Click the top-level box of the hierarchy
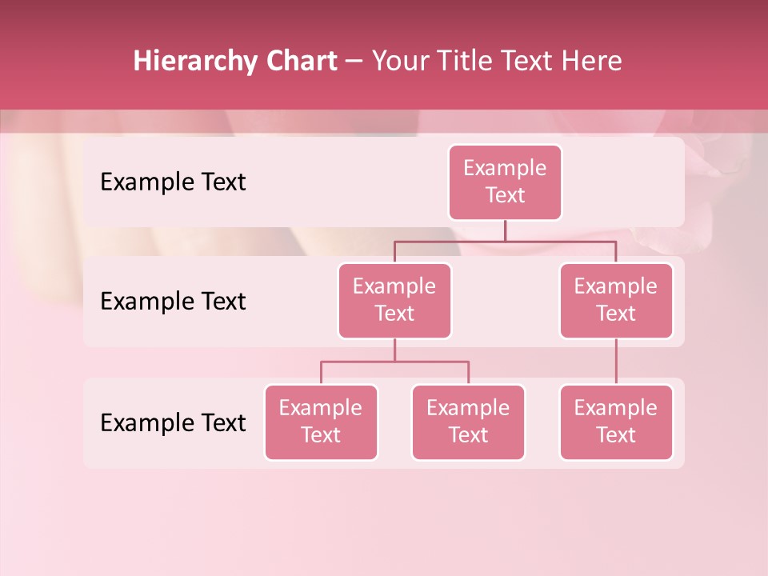505,182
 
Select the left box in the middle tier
394,301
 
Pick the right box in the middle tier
616,301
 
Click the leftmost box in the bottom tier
321,422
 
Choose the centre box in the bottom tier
468,422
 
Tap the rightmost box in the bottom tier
616,422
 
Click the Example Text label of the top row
173,182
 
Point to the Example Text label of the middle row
173,302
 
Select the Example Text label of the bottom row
173,422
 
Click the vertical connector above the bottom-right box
616,362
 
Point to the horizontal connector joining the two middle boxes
505,241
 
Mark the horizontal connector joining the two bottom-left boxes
394,362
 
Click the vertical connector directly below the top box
505,230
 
